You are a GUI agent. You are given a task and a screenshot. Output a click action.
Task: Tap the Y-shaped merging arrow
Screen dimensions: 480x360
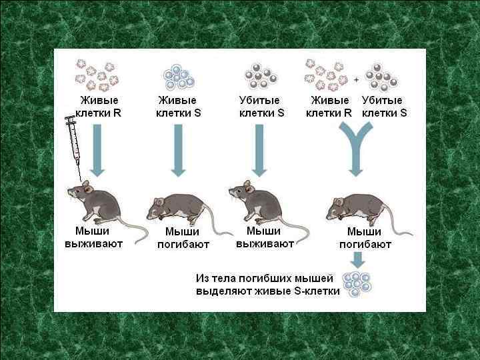357,151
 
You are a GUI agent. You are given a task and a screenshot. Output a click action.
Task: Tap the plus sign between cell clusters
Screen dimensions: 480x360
356,79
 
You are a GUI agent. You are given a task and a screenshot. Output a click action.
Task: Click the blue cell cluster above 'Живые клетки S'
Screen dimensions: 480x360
179,77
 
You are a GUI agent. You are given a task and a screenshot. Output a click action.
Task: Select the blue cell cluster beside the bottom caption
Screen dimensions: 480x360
356,284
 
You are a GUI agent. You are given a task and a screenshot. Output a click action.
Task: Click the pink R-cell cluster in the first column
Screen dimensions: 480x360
97,75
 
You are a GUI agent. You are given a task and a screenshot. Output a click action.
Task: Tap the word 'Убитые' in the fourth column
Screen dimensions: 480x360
382,101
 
